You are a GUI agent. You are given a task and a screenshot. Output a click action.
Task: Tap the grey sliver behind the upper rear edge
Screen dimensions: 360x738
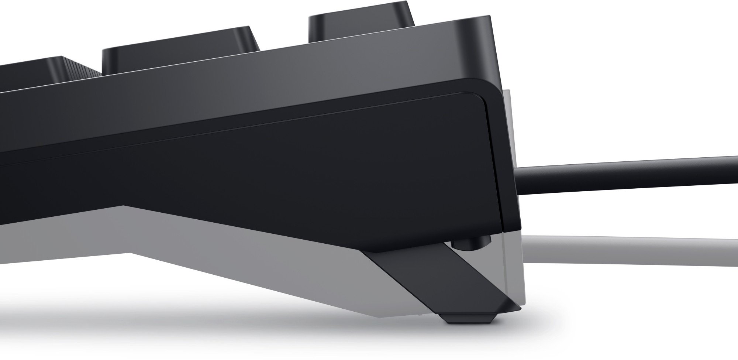[506, 111]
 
